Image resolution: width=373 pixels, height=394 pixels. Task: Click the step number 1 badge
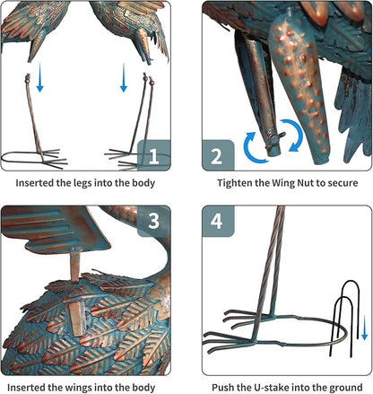tap(154, 155)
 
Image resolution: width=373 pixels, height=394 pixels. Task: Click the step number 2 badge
tap(218, 155)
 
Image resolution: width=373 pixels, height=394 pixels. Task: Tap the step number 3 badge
tap(154, 222)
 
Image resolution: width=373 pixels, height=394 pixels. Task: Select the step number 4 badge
tap(218, 222)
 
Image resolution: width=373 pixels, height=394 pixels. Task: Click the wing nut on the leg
tap(275, 139)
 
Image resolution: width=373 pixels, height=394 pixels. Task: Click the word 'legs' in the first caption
tap(82, 183)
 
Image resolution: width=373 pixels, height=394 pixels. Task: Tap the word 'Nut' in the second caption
tap(306, 183)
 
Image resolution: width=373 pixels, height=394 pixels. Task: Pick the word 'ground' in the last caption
tap(346, 388)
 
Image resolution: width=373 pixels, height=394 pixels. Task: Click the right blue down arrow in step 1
tap(124, 77)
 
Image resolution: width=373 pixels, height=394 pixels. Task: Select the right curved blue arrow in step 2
tap(295, 135)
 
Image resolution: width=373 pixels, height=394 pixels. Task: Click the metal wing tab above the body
tap(75, 267)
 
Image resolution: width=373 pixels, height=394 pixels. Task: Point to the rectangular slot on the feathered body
tap(76, 318)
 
